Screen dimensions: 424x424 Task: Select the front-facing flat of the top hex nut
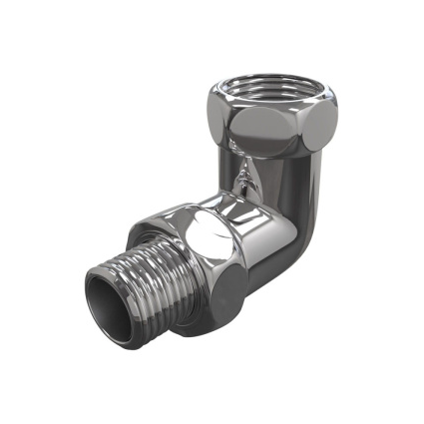pyautogui.click(x=274, y=127)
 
